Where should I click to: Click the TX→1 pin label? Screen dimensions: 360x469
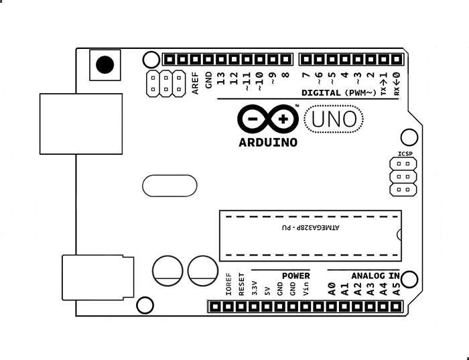[383, 82]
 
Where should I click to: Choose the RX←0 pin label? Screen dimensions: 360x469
[397, 82]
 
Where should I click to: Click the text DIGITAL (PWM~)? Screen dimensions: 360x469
[339, 93]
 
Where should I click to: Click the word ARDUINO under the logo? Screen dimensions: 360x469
[268, 142]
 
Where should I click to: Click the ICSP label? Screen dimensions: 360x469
[405, 154]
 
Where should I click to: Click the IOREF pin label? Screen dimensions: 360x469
[228, 285]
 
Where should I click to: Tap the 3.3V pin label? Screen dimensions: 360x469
[254, 288]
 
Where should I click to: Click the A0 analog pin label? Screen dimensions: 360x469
[331, 290]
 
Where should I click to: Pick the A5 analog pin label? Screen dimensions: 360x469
[396, 290]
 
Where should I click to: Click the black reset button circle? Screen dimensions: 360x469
[105, 65]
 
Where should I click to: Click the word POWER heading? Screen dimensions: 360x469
[295, 276]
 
